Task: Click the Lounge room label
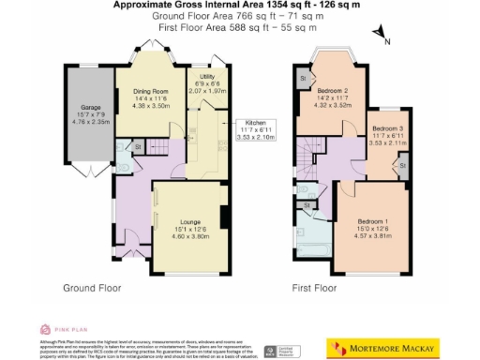190,222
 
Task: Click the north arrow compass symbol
383,34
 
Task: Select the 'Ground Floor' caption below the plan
92,288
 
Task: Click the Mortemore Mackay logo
382,347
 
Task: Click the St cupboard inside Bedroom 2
303,79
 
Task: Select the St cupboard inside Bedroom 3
402,166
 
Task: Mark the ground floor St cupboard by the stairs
137,146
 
